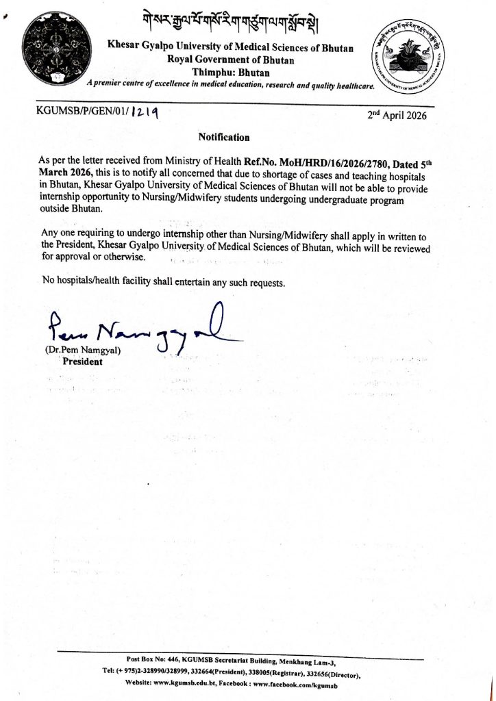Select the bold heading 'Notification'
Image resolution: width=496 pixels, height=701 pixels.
tap(224, 137)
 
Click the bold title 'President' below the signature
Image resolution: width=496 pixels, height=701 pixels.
tap(82, 362)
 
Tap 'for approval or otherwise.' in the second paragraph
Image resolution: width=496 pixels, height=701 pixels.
tap(94, 257)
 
